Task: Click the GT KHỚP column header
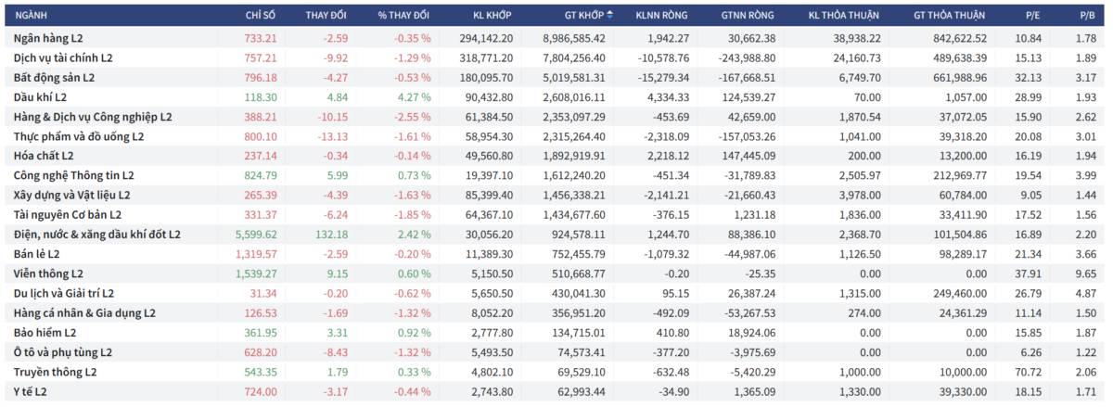[583, 16]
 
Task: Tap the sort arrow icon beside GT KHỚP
[609, 16]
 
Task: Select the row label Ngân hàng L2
[48, 38]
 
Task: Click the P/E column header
[1032, 16]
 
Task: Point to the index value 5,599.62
[256, 235]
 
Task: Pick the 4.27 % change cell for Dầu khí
[414, 97]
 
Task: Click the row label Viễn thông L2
[48, 273]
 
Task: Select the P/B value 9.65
[1086, 273]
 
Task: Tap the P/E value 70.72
[1028, 372]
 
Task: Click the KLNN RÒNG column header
[661, 16]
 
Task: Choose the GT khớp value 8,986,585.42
[574, 38]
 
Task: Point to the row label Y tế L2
[31, 392]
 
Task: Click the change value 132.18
[331, 235]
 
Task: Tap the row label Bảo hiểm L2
[45, 333]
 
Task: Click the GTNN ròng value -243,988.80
[747, 58]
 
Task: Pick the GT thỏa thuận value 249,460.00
[960, 294]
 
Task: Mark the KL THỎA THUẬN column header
[843, 16]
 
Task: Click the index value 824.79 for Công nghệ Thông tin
[261, 175]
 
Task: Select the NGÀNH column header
[31, 16]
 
